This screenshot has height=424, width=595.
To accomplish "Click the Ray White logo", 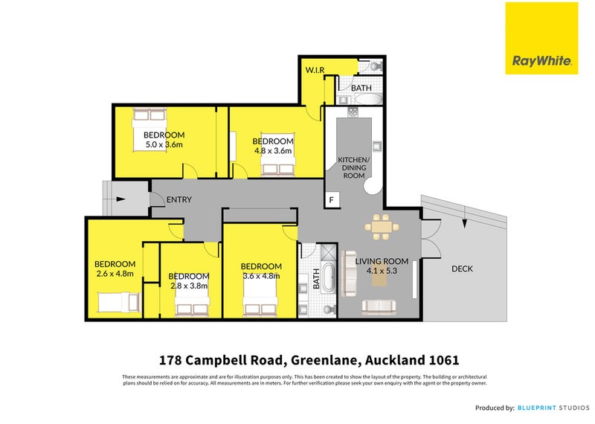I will (x=541, y=38).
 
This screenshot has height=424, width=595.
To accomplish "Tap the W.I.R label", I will (x=315, y=71).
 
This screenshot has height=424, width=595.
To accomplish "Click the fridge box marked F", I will (x=332, y=199).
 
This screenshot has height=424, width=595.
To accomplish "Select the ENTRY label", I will (x=178, y=199).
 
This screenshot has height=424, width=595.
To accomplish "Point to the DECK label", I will (x=461, y=269).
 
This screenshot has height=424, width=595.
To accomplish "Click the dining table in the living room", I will (x=379, y=225).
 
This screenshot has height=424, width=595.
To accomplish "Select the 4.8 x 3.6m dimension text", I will (x=273, y=151).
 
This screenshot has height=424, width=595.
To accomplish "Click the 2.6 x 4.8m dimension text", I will (x=115, y=274).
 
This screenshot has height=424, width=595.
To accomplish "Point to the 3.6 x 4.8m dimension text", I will (x=261, y=276).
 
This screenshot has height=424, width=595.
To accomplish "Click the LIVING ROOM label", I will (x=382, y=261).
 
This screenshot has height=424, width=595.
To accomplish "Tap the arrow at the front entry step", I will (x=120, y=199).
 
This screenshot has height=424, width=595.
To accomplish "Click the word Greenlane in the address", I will (x=324, y=360).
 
